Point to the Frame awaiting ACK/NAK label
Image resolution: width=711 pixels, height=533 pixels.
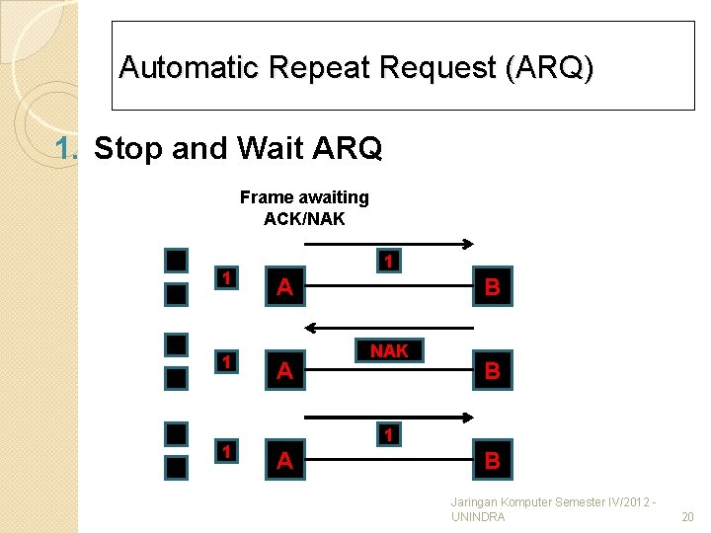click(304, 207)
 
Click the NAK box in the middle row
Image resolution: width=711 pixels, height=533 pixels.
click(389, 351)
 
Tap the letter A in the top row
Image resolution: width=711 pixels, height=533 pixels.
click(284, 287)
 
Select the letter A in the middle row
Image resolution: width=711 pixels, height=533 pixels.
click(284, 371)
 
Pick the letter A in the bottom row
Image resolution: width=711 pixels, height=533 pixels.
click(284, 460)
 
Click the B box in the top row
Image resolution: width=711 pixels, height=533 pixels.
click(492, 287)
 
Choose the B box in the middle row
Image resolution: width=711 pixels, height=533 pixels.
click(492, 371)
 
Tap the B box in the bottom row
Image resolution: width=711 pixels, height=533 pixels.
click(492, 460)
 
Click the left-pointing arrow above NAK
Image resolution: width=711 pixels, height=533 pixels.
click(389, 327)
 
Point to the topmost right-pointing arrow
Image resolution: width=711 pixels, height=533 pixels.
click(389, 241)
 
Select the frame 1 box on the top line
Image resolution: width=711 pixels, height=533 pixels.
click(389, 262)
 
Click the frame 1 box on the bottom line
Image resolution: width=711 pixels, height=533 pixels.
click(389, 435)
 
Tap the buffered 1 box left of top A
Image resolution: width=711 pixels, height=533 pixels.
click(227, 278)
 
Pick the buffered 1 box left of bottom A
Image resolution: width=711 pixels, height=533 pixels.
click(227, 451)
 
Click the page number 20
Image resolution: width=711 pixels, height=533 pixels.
click(687, 517)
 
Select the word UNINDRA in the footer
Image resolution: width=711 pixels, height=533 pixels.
click(478, 517)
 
